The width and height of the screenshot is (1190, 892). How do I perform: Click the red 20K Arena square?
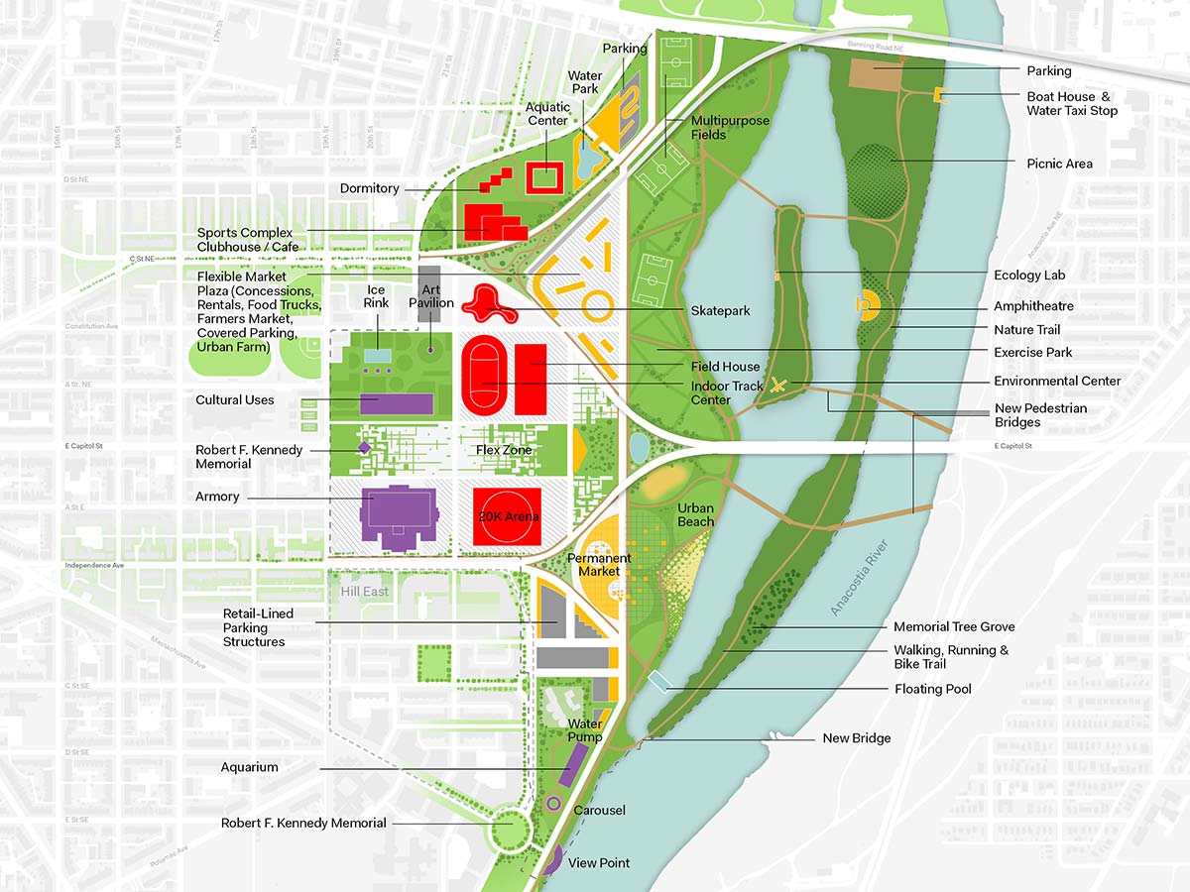pos(507,516)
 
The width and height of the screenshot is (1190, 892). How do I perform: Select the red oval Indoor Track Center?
pos(487,379)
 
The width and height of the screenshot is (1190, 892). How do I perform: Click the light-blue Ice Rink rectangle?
pos(377,355)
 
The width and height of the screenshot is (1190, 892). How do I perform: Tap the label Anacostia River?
pos(861,580)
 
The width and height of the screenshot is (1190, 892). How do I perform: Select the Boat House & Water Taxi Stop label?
pos(1071,103)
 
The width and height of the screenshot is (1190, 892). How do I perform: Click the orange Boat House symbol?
pos(939,94)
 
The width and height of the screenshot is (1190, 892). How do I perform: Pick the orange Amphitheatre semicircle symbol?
pos(868,303)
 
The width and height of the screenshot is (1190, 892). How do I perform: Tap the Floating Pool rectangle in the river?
pos(658,681)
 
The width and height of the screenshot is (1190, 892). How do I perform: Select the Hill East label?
pos(365,592)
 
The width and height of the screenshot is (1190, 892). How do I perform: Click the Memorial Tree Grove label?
pos(953,626)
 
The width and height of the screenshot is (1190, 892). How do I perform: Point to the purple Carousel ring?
pos(553,804)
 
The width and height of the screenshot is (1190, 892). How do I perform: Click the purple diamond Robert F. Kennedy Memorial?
pos(364,448)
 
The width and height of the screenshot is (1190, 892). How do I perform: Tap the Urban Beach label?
pos(695,514)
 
